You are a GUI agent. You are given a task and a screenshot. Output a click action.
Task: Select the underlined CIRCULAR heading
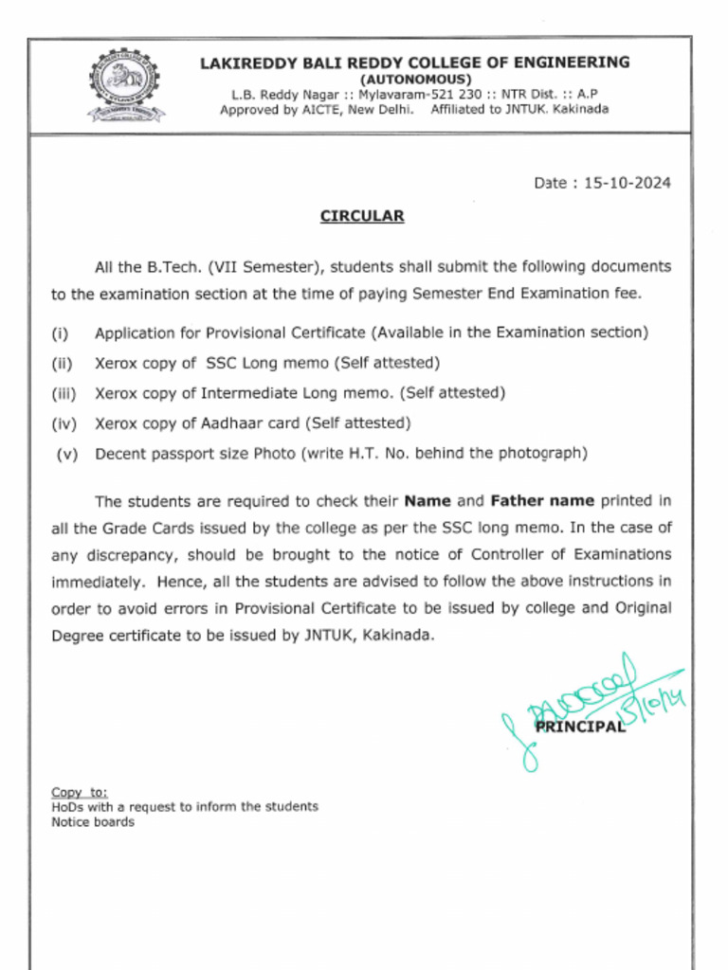tap(362, 216)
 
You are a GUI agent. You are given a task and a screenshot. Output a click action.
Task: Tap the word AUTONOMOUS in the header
tap(414, 79)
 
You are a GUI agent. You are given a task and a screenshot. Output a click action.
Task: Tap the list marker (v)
tap(66, 453)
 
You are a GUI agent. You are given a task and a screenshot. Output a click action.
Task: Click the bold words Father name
tap(542, 500)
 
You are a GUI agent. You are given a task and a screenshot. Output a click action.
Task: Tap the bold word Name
tap(428, 500)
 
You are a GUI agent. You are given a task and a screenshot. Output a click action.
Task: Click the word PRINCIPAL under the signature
tap(580, 727)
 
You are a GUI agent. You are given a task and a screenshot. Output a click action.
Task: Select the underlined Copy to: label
tap(80, 792)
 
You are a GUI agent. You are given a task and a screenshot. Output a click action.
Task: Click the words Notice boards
tap(93, 822)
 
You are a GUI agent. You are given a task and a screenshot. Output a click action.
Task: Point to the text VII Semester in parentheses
tap(267, 266)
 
